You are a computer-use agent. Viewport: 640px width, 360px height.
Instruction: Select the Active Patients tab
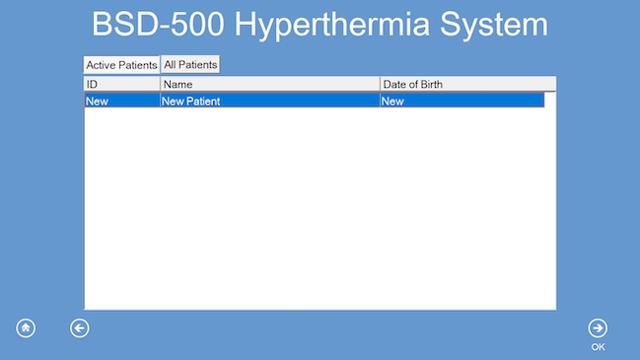[x=121, y=65]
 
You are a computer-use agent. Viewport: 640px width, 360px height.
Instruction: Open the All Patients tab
[x=190, y=64]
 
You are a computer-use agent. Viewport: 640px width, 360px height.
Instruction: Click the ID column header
[x=121, y=85]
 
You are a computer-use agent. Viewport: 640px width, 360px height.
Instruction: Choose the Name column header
[x=269, y=85]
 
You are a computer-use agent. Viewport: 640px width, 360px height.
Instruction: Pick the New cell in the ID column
[x=97, y=101]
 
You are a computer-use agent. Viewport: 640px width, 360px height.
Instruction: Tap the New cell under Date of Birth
[x=392, y=101]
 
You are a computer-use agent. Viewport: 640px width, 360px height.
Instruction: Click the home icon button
[x=26, y=328]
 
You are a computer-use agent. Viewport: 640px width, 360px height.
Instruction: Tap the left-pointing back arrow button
[x=80, y=328]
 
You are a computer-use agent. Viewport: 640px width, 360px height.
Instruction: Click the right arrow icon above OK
[x=598, y=328]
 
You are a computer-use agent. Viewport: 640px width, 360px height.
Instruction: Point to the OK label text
[x=598, y=347]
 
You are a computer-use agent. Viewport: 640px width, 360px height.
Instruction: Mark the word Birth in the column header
[x=429, y=85]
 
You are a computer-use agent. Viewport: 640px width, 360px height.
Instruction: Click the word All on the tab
[x=171, y=64]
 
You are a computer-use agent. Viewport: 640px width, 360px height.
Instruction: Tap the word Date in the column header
[x=393, y=85]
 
